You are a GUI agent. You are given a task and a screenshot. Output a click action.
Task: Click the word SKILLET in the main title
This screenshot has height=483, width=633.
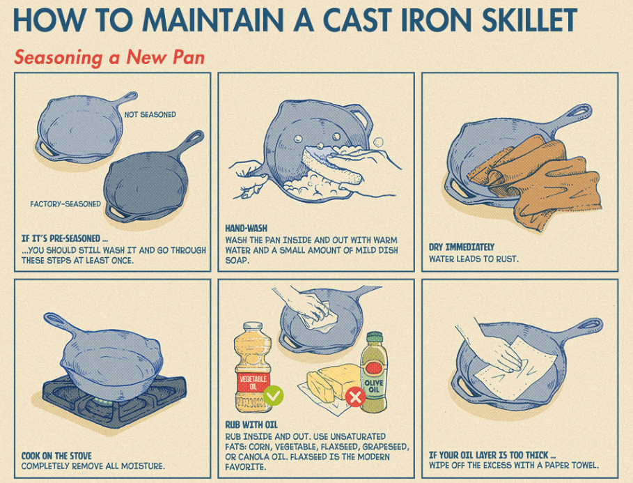point(529,20)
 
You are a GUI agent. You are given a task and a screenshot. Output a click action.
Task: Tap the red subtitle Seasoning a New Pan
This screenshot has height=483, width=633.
point(109,57)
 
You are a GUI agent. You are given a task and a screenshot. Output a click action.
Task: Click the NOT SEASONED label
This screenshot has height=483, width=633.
point(150,115)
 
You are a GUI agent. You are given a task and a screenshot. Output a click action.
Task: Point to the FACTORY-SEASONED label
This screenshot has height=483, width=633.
point(65,204)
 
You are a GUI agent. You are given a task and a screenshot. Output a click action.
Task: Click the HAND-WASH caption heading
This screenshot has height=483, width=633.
point(247,229)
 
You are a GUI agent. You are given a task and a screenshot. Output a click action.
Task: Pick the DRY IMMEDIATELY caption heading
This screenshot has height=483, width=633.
point(462,247)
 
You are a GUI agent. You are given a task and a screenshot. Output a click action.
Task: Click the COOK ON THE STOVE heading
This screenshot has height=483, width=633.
point(56,456)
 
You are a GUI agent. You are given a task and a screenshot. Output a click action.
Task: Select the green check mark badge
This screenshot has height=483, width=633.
point(273,395)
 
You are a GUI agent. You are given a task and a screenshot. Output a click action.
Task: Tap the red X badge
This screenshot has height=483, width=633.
point(355,397)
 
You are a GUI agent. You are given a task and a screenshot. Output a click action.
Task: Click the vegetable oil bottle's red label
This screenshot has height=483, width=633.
point(253,383)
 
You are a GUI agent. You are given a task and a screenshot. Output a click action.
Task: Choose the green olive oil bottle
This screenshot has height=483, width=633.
point(374,372)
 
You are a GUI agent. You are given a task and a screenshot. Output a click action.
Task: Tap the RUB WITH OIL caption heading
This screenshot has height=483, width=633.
point(251,424)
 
